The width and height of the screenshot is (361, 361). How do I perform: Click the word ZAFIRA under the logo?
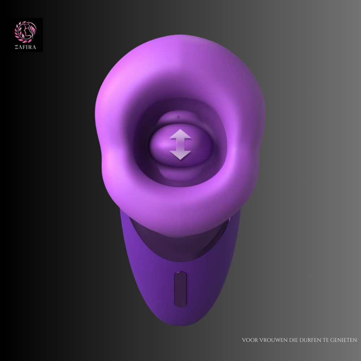coord(25,47)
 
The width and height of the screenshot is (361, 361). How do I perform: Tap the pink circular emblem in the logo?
coord(26,32)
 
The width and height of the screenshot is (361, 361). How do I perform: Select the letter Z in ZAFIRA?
coord(17,47)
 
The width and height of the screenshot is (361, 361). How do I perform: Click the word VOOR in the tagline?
coord(250,340)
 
